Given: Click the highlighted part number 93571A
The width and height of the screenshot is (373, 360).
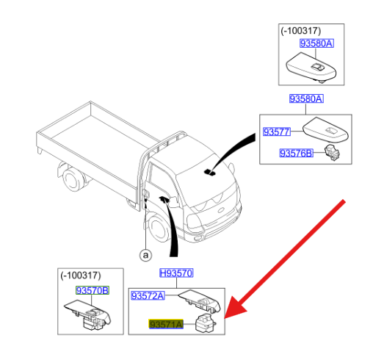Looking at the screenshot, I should [165, 323].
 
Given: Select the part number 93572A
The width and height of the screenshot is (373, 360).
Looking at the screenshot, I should [148, 295].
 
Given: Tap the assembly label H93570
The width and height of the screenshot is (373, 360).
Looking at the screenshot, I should [176, 273].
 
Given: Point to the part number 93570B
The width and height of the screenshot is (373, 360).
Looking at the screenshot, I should [92, 290].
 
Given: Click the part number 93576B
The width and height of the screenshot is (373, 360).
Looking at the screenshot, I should [297, 153].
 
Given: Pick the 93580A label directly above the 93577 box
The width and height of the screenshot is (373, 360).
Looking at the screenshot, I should [305, 98].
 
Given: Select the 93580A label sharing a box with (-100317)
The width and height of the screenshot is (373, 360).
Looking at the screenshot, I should [316, 45].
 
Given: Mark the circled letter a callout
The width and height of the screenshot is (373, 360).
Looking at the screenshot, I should [145, 255].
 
